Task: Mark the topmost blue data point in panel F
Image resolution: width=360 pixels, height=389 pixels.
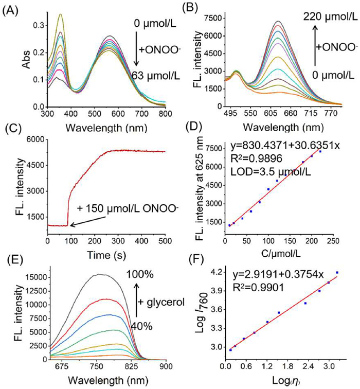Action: point(337,273)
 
